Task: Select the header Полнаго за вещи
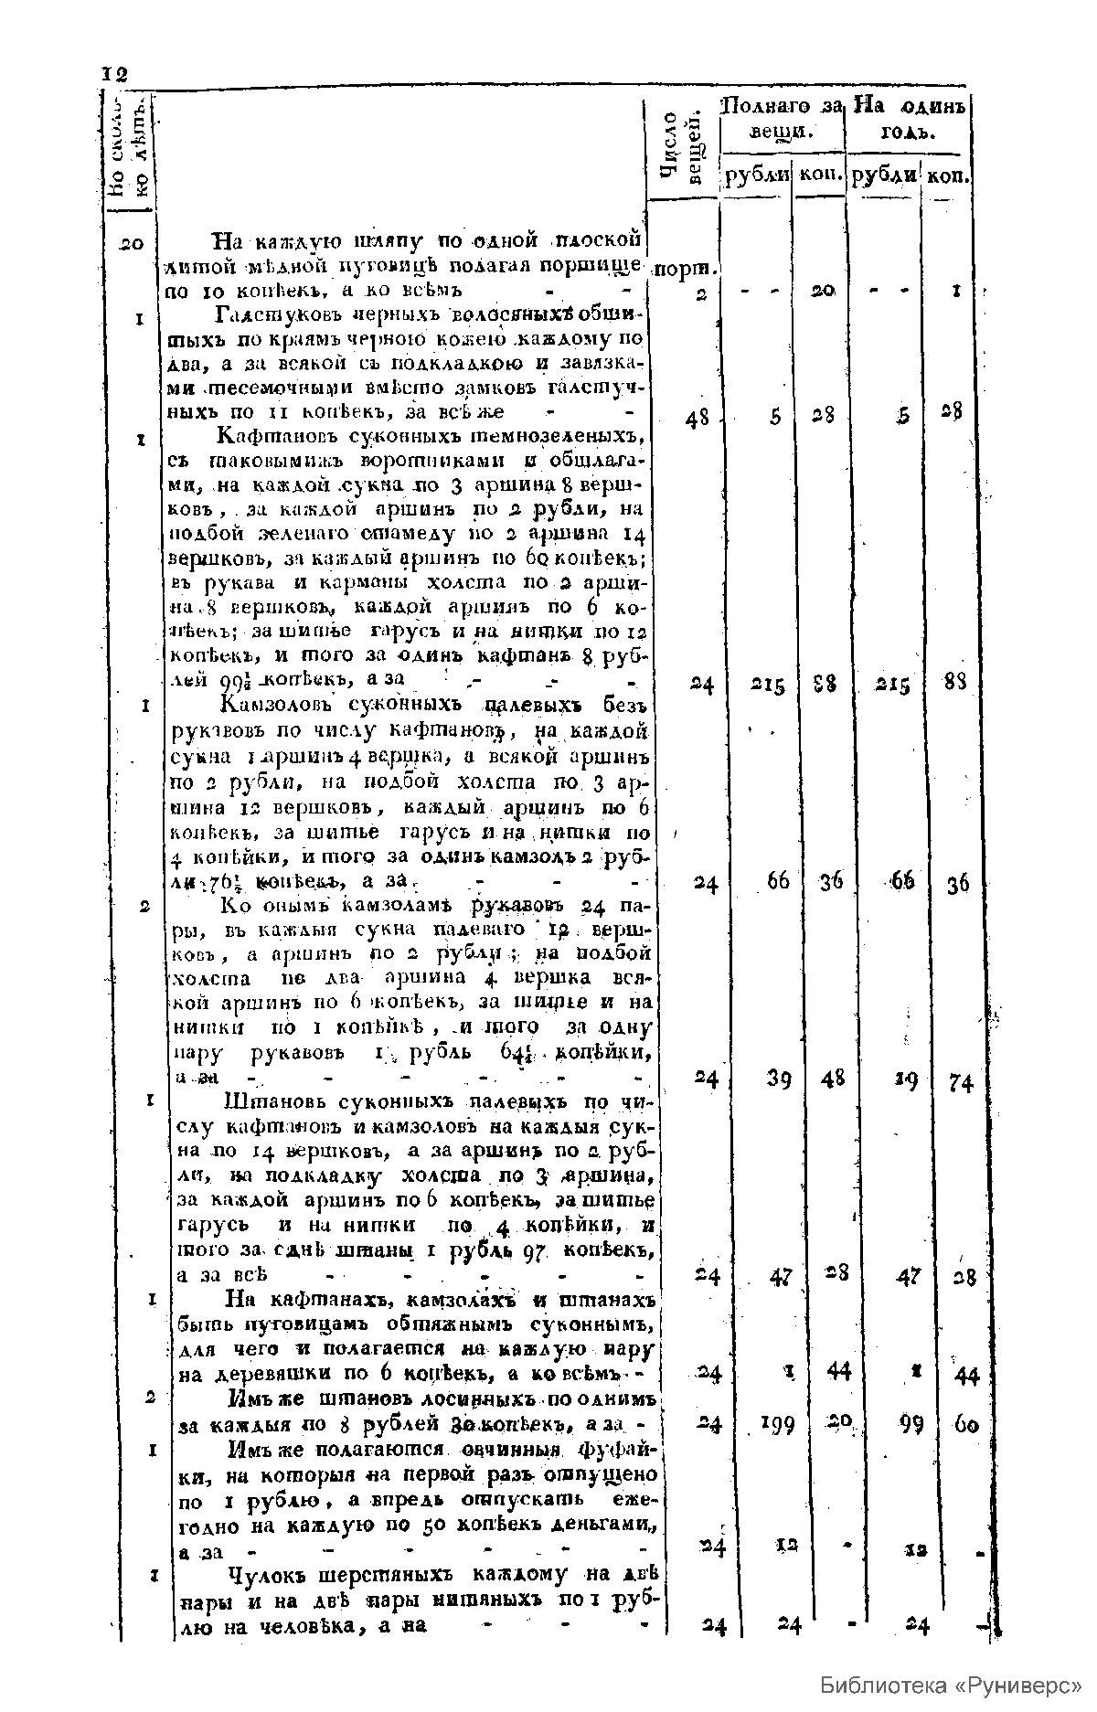click(782, 118)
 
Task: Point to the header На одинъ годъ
click(908, 118)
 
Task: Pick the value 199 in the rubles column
click(776, 1423)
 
